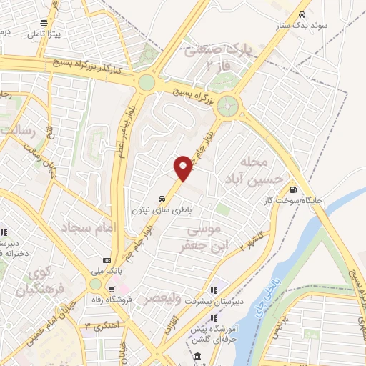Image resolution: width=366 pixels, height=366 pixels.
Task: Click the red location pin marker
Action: [184, 167]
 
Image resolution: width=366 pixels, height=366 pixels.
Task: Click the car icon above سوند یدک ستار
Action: [302, 15]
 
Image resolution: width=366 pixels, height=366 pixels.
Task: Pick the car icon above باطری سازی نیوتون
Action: [161, 200]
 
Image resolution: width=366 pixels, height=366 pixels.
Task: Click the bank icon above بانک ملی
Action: [107, 259]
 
